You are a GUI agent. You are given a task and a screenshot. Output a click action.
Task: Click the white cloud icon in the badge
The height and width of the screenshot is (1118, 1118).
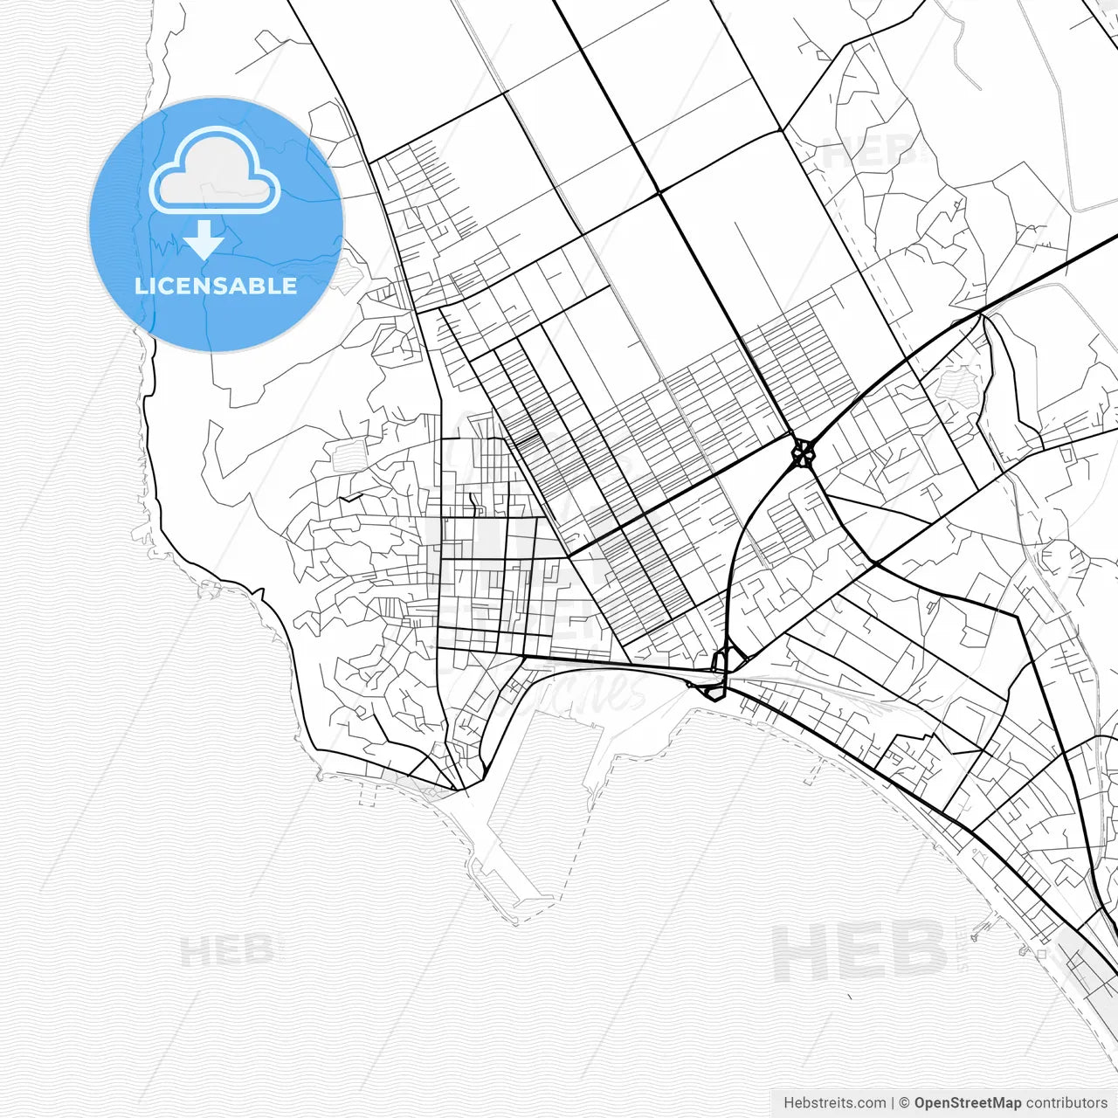pyautogui.click(x=215, y=172)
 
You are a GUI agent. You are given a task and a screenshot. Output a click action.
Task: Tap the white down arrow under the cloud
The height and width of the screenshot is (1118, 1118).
pyautogui.click(x=204, y=239)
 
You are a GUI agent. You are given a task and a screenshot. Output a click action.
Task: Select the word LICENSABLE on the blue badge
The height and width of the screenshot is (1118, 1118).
pyautogui.click(x=216, y=286)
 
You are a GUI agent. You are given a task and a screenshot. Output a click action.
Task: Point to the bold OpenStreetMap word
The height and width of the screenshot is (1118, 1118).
pyautogui.click(x=967, y=1103)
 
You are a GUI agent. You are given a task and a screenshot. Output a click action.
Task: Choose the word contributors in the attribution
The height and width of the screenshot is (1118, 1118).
pyautogui.click(x=1066, y=1103)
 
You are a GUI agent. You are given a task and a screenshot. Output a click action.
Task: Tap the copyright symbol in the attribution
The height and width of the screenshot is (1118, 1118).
pyautogui.click(x=904, y=1103)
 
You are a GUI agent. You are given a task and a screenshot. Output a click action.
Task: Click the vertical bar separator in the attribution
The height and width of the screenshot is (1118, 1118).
pyautogui.click(x=893, y=1103)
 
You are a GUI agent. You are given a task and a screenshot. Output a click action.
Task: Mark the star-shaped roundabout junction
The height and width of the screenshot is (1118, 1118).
pyautogui.click(x=803, y=452)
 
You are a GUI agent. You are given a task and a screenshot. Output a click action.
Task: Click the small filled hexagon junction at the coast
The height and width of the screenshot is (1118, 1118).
pyautogui.click(x=714, y=692)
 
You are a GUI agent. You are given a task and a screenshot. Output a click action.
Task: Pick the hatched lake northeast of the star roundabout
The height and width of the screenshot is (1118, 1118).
pyautogui.click(x=959, y=383)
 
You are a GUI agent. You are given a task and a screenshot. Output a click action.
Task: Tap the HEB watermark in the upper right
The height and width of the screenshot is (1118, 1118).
pyautogui.click(x=869, y=153)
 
